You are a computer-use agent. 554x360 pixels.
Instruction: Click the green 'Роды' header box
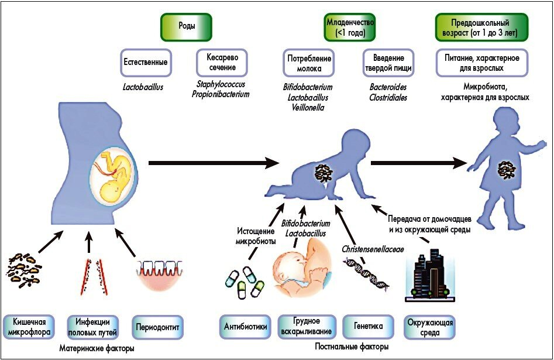tap(187, 27)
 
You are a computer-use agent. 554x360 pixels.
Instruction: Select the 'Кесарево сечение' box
tap(221, 63)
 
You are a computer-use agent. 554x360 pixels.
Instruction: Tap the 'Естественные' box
tap(146, 63)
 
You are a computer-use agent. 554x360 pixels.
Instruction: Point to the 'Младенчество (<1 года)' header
tap(349, 28)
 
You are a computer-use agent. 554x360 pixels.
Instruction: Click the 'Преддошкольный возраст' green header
tap(481, 28)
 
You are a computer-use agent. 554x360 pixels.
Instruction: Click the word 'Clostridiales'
tap(384, 98)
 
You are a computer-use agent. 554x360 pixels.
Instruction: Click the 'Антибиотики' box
tap(243, 327)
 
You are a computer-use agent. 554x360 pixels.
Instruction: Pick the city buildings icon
tap(430, 275)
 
